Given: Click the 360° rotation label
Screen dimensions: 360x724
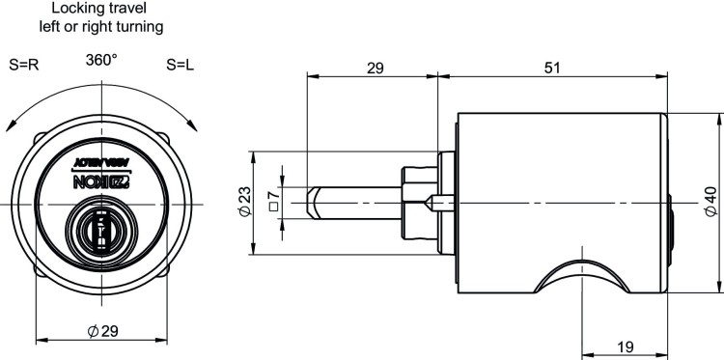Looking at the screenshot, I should point(100,60).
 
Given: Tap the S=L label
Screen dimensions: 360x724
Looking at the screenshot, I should point(181,67).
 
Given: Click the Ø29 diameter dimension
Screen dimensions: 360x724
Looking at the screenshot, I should point(102,331).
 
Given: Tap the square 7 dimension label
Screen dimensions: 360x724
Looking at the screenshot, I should point(273,204).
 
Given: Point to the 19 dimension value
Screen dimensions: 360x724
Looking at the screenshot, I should point(625,346).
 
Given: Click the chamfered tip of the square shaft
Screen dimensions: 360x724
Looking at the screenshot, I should point(311,204).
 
